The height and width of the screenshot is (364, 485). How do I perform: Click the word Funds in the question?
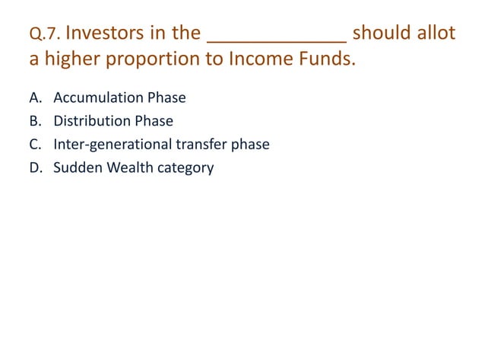point(325,59)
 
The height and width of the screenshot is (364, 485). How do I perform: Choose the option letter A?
point(35,98)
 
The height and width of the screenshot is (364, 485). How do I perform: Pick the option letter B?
point(35,121)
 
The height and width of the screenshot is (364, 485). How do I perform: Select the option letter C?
point(35,144)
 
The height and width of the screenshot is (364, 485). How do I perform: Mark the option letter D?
point(35,167)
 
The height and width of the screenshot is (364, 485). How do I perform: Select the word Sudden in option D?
point(74,167)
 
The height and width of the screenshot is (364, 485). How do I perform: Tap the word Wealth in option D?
point(126,167)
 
